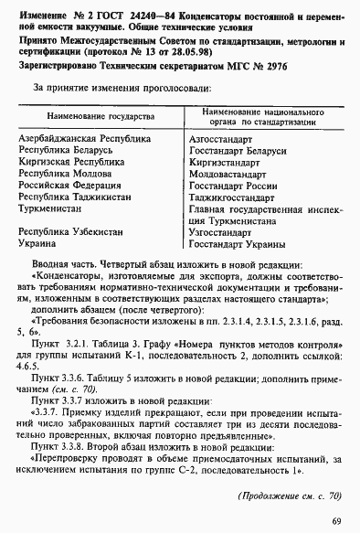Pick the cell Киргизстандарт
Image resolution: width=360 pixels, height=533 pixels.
pyautogui.click(x=222, y=160)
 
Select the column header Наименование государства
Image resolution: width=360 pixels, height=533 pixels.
pyautogui.click(x=95, y=118)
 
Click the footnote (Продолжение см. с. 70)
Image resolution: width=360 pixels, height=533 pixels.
pyautogui.click(x=289, y=495)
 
